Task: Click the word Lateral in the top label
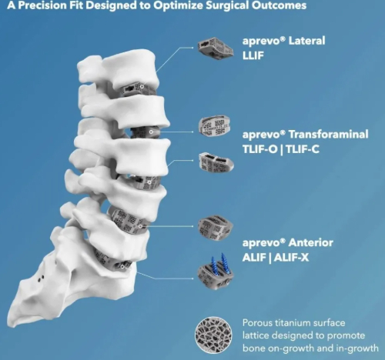pos(306,41)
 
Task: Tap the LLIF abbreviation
pos(253,55)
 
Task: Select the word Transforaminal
pos(328,135)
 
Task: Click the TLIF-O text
pos(259,149)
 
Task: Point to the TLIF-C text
pos(303,149)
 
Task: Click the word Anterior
pos(311,242)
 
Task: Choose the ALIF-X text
pos(291,258)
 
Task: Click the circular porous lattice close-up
pos(213,335)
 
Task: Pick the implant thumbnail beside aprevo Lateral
pos(216,48)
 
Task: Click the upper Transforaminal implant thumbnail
pos(214,126)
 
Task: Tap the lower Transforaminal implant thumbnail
pos(216,162)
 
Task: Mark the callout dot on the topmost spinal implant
pos(142,87)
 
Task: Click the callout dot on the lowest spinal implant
pos(122,267)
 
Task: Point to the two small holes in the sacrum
pos(41,278)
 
